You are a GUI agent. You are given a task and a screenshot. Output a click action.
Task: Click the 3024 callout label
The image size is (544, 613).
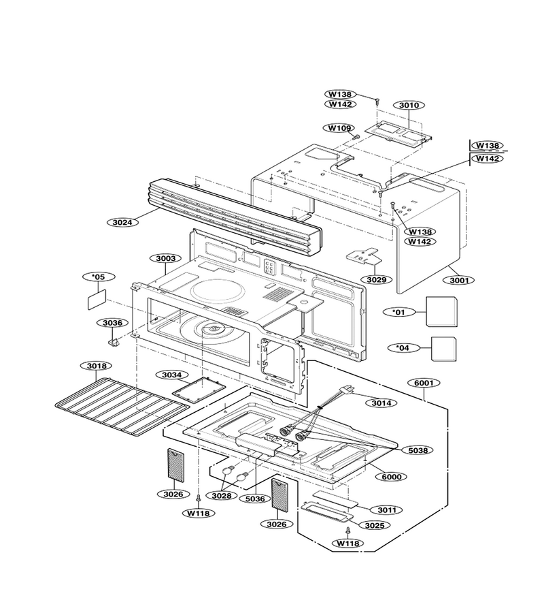pyautogui.click(x=122, y=223)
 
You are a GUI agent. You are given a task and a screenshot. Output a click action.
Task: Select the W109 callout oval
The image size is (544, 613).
pyautogui.click(x=339, y=128)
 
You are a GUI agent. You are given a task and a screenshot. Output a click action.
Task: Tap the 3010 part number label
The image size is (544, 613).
pyautogui.click(x=409, y=105)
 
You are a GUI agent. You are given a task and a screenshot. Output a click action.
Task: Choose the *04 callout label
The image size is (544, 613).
pyautogui.click(x=403, y=347)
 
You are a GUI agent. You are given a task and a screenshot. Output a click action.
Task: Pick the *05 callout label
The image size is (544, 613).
pyautogui.click(x=99, y=277)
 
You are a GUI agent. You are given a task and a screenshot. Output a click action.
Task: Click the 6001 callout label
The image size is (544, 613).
pyautogui.click(x=424, y=383)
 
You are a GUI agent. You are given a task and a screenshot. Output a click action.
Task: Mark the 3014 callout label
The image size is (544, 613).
pyautogui.click(x=381, y=403)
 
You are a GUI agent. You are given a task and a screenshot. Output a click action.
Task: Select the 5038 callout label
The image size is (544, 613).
pyautogui.click(x=418, y=450)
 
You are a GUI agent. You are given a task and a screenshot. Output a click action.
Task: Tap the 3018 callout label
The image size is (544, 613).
pyautogui.click(x=96, y=366)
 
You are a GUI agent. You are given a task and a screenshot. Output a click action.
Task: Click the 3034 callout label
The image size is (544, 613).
pyautogui.click(x=172, y=375)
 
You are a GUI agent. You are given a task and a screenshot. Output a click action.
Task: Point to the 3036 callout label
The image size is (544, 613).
pyautogui.click(x=112, y=323)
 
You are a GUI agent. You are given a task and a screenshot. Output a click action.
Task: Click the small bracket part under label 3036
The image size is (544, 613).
pyautogui.click(x=114, y=342)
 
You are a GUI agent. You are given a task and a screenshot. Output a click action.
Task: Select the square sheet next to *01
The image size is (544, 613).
pyautogui.click(x=441, y=311)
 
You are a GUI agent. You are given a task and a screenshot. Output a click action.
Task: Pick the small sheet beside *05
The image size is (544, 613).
pyautogui.click(x=97, y=300)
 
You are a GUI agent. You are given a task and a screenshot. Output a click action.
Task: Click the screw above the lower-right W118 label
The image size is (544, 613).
pyautogui.click(x=347, y=531)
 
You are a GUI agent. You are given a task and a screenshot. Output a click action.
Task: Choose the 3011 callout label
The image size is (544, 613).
pyautogui.click(x=387, y=509)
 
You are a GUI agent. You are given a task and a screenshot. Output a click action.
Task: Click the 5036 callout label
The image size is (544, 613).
pyautogui.click(x=255, y=499)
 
